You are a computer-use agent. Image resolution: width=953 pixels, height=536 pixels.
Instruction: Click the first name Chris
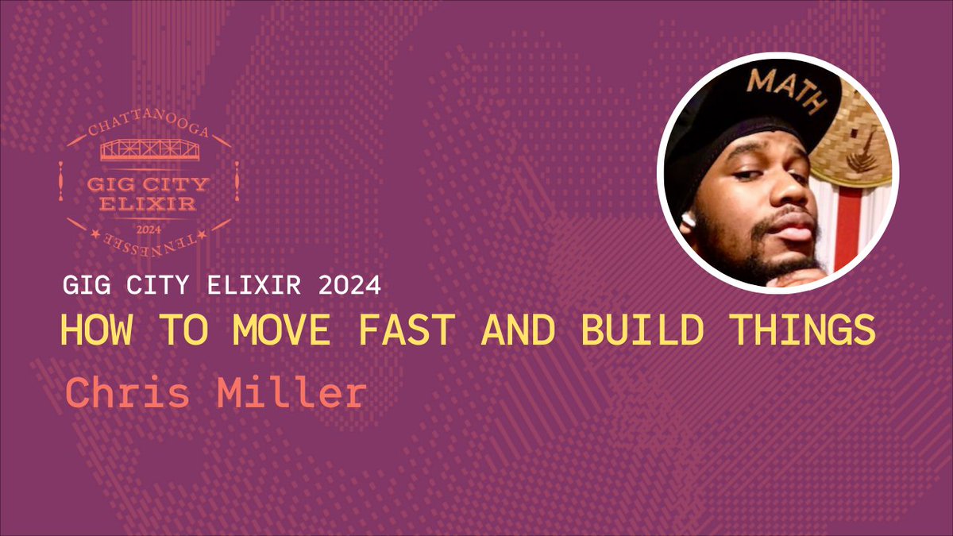point(125,393)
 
